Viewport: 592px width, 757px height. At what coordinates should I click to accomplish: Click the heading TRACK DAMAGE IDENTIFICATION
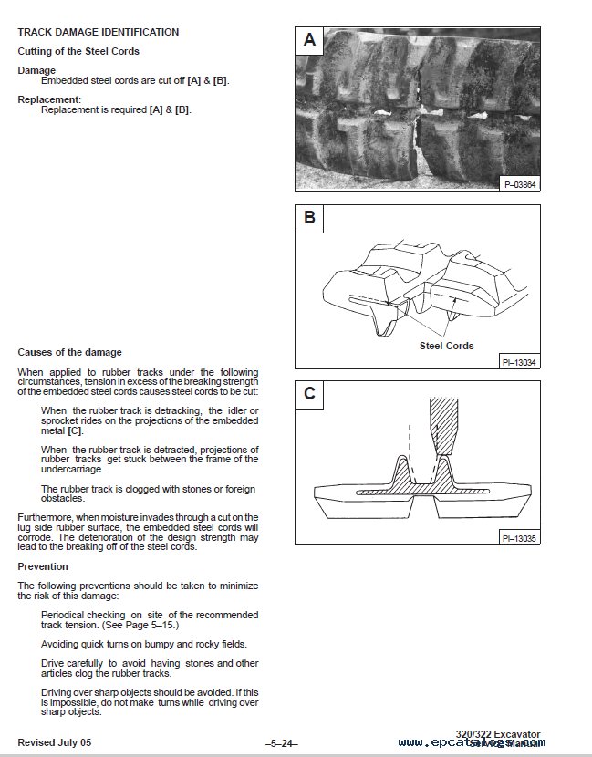point(98,32)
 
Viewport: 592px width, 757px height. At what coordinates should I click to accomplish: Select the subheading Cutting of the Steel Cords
point(78,51)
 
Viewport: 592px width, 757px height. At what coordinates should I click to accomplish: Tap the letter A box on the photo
point(310,40)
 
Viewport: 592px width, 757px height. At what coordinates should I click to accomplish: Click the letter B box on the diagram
point(310,218)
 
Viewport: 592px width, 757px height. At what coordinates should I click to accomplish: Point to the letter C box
point(310,394)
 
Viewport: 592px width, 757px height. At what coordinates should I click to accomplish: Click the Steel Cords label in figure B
point(446,346)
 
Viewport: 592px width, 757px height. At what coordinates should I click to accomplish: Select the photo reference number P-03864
point(521,184)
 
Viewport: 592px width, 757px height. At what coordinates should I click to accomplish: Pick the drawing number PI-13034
point(519,362)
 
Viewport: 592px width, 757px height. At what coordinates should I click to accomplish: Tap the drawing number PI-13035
point(519,538)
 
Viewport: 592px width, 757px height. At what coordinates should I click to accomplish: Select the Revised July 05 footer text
point(54,741)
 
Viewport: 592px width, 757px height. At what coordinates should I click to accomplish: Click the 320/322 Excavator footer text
point(498,733)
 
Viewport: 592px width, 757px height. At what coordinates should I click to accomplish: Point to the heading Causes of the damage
point(69,352)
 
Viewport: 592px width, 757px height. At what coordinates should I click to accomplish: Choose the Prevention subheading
point(43,566)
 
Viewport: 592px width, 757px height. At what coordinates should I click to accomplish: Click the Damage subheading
point(36,70)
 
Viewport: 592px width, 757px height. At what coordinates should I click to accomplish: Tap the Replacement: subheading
point(49,99)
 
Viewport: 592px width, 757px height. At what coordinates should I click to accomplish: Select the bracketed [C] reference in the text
point(76,430)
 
